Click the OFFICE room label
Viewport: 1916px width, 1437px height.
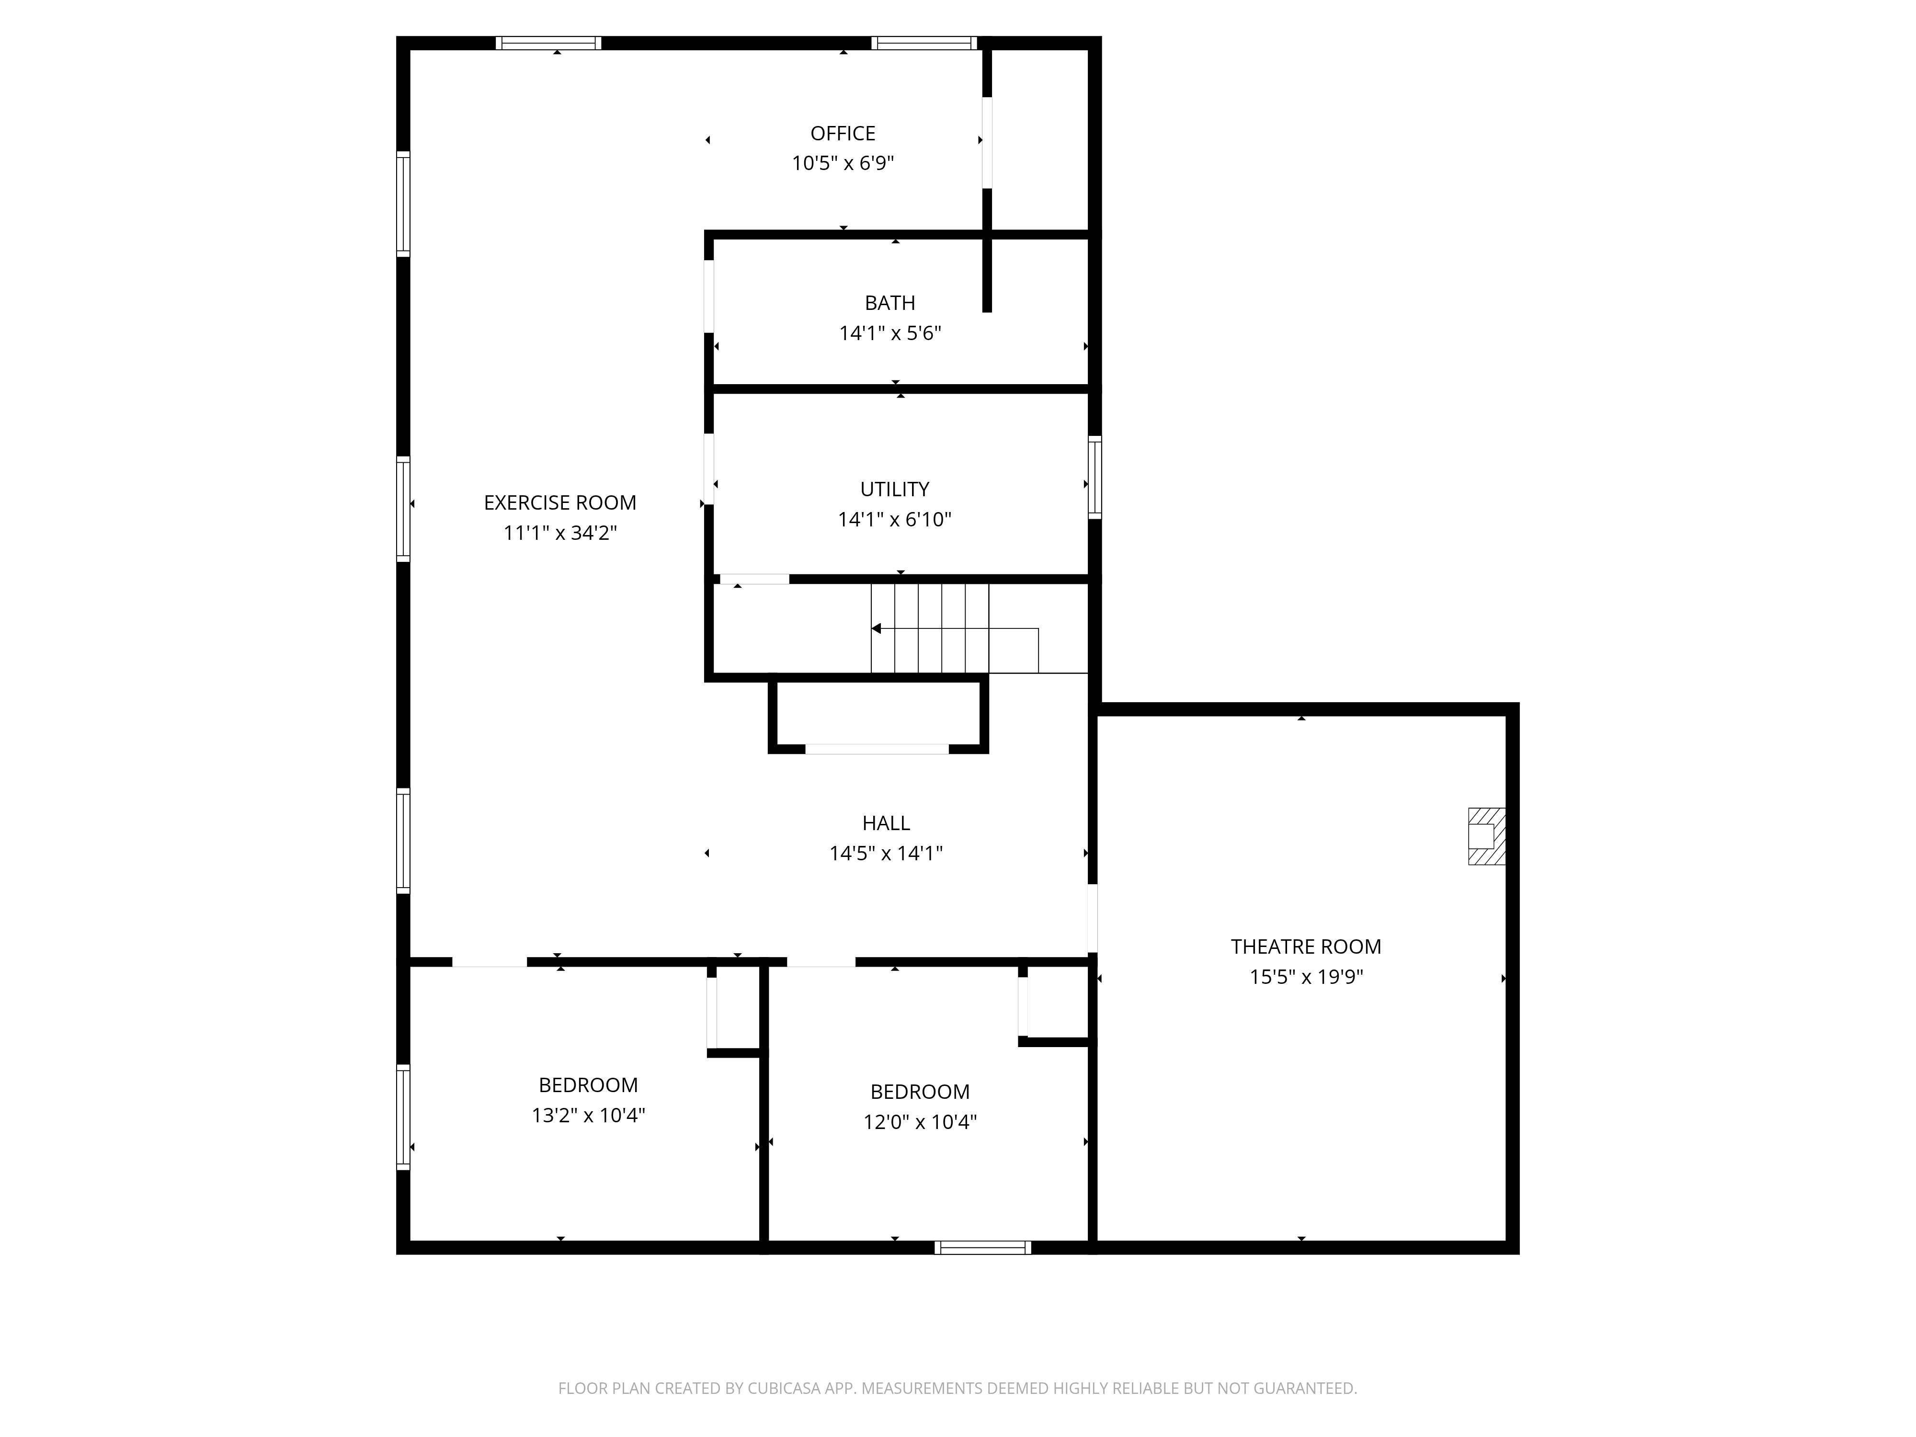point(843,133)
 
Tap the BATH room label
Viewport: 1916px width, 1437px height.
point(890,303)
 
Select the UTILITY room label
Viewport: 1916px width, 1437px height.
point(895,490)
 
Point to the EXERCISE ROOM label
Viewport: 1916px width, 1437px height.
point(559,502)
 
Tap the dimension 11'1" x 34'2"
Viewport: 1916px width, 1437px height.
point(559,533)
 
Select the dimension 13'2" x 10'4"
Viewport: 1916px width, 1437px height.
point(588,1115)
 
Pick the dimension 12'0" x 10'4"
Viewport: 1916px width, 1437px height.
point(920,1122)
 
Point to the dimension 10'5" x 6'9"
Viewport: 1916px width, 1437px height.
point(843,163)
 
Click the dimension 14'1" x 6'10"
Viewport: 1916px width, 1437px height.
point(895,520)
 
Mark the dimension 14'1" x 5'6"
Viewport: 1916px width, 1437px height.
point(890,333)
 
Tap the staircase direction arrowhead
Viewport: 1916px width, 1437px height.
point(876,629)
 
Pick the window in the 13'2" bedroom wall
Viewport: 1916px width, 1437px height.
point(403,1118)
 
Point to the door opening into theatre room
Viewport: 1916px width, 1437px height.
point(1092,918)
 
